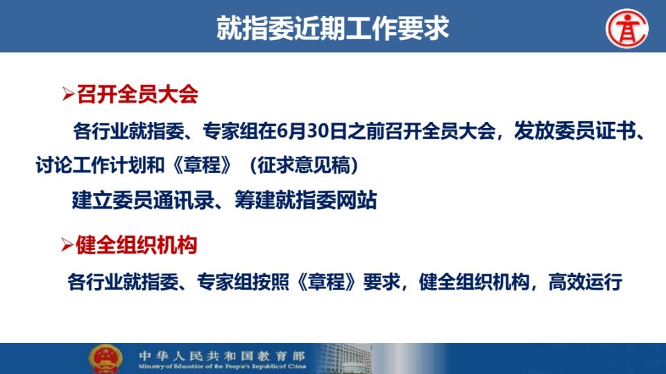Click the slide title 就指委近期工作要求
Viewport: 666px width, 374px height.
click(x=332, y=28)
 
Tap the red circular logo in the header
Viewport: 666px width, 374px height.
click(x=627, y=29)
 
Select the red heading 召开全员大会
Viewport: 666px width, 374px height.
click(x=137, y=94)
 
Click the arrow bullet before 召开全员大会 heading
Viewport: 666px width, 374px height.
click(x=68, y=94)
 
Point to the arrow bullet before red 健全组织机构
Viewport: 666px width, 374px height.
click(x=67, y=244)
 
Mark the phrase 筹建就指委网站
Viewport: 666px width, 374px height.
click(x=305, y=200)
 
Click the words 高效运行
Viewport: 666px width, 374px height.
click(x=586, y=282)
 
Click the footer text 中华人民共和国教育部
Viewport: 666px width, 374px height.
click(x=222, y=355)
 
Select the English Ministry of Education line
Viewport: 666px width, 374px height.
click(x=222, y=366)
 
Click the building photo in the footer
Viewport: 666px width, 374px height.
click(x=344, y=358)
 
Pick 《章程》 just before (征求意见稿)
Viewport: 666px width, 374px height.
click(x=203, y=165)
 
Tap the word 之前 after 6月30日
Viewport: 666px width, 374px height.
click(x=366, y=131)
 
